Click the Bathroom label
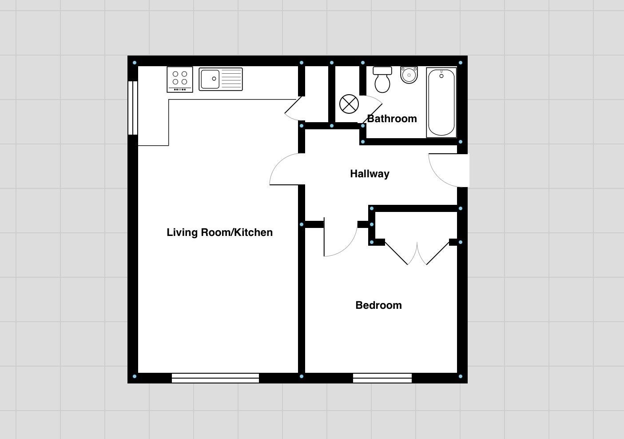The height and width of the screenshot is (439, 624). pos(392,119)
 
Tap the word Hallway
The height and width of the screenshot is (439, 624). pos(370,174)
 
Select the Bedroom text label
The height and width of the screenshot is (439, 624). pos(378,305)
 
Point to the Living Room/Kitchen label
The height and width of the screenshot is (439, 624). pos(219,232)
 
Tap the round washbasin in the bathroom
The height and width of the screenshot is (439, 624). pos(409,75)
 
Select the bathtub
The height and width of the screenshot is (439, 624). pos(441,102)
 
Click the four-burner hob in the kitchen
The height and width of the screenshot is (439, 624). pos(180,80)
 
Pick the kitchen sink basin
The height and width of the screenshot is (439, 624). pos(210,79)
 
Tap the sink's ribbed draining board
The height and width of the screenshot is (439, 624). pos(231,79)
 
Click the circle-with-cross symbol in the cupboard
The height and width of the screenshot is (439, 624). pos(349,104)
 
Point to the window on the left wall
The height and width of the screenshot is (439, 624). pos(133,108)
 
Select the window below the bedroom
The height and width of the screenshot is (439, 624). pos(382,378)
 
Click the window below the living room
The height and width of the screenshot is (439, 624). pos(215,378)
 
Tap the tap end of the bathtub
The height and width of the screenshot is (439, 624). pos(441,75)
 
